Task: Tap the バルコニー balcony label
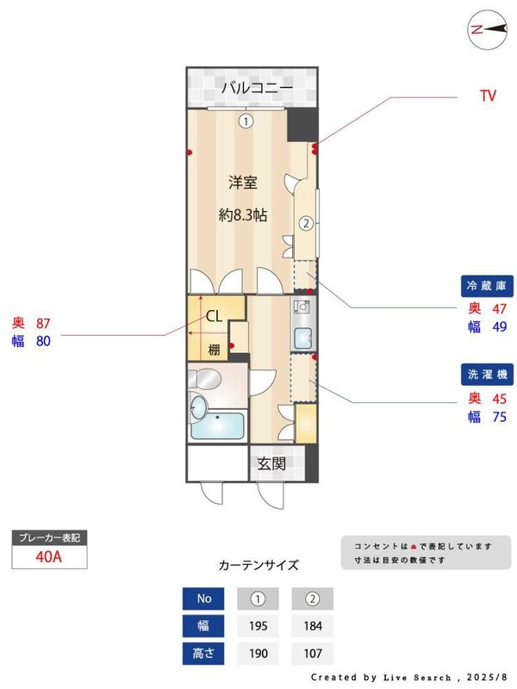coord(257,88)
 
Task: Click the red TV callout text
coord(488,96)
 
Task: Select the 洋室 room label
coord(244,183)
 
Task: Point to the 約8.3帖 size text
coord(244,215)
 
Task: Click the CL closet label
coord(215,316)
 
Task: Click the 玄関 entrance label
coord(271,463)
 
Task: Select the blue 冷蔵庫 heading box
coord(489,286)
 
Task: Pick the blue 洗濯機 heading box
coord(489,375)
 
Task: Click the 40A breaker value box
coord(49,556)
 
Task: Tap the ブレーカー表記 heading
coord(49,538)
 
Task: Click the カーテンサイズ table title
coord(258,566)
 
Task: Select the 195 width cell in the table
coord(258,626)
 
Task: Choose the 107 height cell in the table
coord(312,654)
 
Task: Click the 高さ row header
coord(204,654)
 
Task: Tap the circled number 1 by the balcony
coord(246,121)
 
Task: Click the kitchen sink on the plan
coord(302,338)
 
